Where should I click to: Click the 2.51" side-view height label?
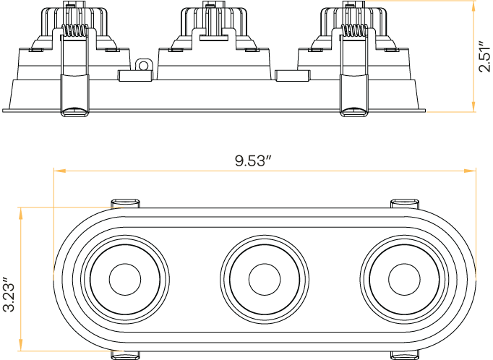coord(484,56)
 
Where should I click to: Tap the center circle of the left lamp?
coord(125,278)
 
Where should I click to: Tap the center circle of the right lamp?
coord(403,278)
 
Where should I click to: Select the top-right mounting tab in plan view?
coord(405,202)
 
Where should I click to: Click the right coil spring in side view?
coord(353,31)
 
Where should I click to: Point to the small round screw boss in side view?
coord(144,67)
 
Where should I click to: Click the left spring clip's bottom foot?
coord(74,110)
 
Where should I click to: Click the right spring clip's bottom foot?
coord(353,110)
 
